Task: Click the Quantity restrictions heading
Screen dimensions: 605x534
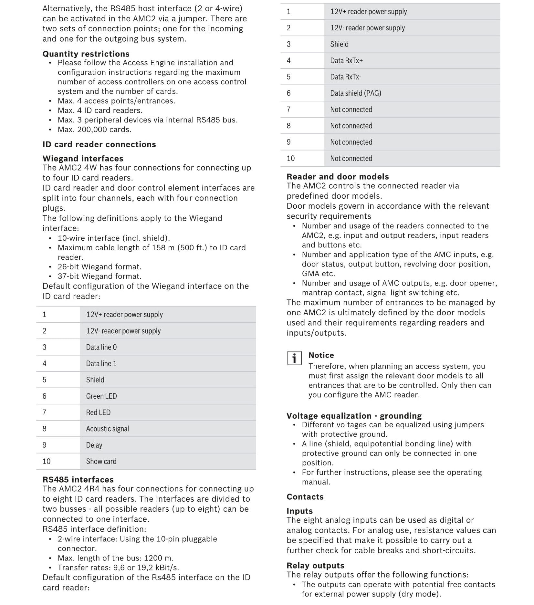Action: pos(86,54)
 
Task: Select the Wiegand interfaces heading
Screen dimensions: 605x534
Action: pos(83,159)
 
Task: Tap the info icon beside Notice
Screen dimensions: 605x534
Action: pos(294,358)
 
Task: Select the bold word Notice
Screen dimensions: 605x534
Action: pos(321,355)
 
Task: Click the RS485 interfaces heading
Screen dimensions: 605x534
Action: pos(78,480)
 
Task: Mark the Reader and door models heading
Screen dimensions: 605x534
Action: pos(338,177)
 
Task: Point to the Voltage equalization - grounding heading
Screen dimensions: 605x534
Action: pos(354,416)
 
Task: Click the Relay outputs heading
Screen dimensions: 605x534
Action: pos(315,566)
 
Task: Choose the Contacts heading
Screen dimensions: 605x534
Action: pos(305,497)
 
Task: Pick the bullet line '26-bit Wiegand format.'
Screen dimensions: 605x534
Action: pos(99,267)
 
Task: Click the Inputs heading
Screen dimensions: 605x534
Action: pos(299,511)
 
